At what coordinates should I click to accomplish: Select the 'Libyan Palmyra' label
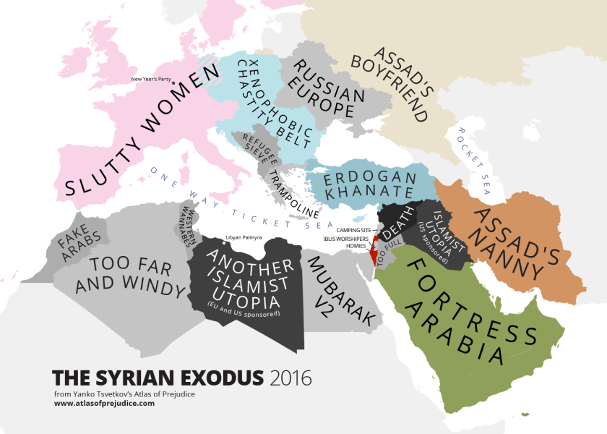(x=244, y=237)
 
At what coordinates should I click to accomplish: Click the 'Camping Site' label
(x=353, y=230)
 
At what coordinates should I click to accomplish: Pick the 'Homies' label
(x=355, y=245)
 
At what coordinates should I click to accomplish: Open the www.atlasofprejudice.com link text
(x=104, y=403)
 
